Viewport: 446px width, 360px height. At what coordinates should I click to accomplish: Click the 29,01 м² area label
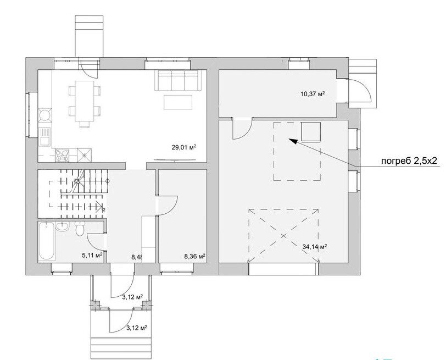coord(184,147)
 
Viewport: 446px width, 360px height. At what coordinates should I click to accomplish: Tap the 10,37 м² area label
coord(313,93)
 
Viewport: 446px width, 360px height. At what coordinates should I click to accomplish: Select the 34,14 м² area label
coord(314,247)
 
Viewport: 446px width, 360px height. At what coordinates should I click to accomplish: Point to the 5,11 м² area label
coord(92,256)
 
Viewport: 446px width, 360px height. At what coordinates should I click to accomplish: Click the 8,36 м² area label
coord(195,257)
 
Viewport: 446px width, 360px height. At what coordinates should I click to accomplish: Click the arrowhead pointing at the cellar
coord(293,141)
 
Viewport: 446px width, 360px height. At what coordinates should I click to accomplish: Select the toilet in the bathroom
coord(80,229)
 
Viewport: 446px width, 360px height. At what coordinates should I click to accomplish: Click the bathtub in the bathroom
coord(46,241)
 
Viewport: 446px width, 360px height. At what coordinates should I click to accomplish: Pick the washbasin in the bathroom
coord(62,226)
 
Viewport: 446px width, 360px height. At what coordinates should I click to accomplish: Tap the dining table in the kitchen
coord(84,101)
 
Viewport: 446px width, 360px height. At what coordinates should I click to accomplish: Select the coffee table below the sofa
coord(178,102)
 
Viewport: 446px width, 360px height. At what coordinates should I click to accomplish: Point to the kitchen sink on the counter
coord(44,137)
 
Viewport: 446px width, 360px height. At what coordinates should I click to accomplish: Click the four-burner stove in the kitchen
coord(62,156)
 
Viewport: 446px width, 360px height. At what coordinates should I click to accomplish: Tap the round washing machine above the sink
coord(44,116)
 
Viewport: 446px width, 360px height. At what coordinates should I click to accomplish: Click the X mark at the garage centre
coord(283,236)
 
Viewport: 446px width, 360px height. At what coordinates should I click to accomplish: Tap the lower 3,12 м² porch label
coord(137,328)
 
